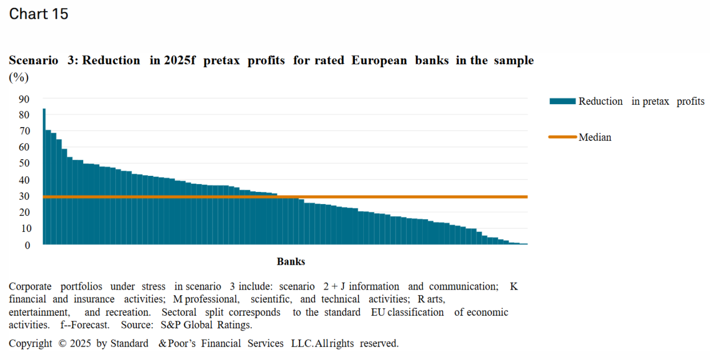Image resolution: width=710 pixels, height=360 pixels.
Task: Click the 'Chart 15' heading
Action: coord(39,14)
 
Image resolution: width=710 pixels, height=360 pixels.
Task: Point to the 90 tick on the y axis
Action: coord(24,99)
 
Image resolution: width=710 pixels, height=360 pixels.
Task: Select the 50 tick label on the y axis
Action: coord(24,164)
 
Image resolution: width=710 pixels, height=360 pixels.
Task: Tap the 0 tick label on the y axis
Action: coord(27,245)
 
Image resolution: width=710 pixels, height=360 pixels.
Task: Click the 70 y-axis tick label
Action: coord(24,131)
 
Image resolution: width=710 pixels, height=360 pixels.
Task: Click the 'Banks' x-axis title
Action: coord(291,262)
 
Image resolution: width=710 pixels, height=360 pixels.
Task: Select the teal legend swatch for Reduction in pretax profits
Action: coord(562,102)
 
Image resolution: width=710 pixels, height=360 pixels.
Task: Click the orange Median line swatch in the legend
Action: coord(562,137)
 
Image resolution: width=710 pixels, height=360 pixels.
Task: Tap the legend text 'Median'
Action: coord(595,138)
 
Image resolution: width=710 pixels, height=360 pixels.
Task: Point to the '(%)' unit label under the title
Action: coord(19,78)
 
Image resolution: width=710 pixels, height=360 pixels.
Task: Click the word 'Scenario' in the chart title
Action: coord(33,60)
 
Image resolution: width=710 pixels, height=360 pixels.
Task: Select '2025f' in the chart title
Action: coord(179,60)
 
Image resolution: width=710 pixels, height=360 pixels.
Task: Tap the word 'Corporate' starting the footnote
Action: coord(30,287)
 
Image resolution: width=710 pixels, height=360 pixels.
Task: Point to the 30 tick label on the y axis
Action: coord(24,196)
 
